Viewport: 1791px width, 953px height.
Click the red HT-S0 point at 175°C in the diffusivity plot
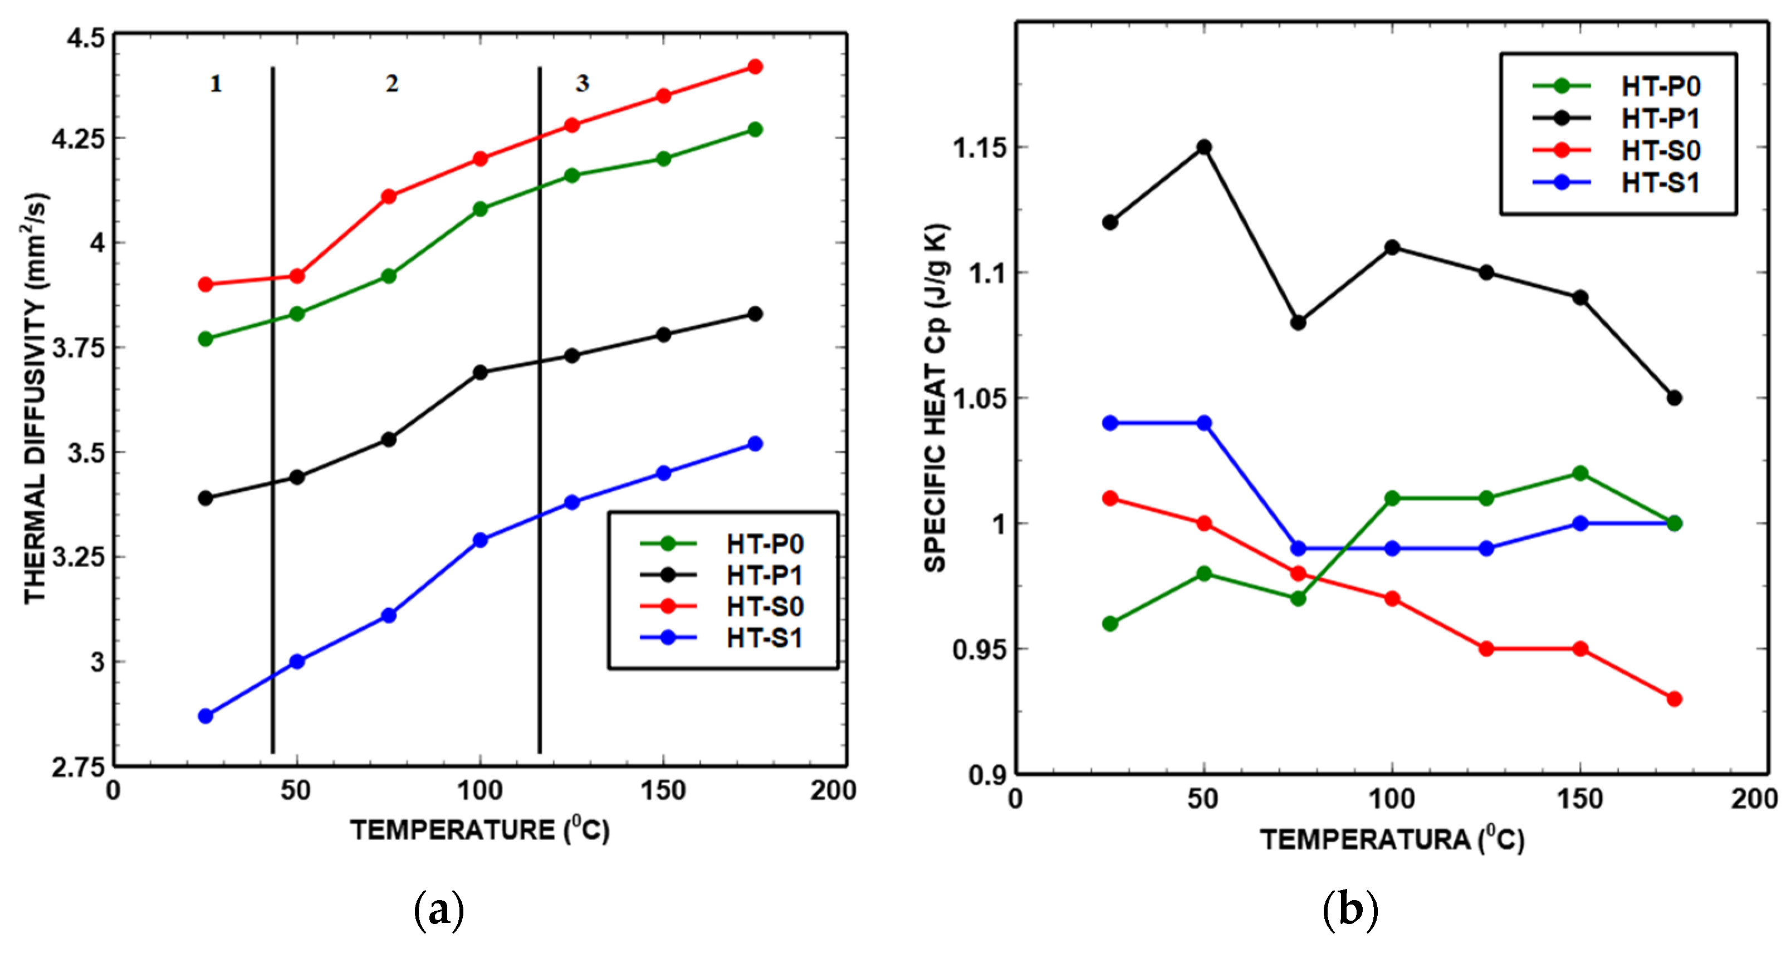click(x=755, y=67)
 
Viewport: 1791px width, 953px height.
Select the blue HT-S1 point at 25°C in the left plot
click(x=205, y=716)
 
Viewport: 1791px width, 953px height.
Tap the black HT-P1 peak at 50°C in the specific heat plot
click(x=1204, y=148)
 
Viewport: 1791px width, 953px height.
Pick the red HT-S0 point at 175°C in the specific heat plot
click(x=1674, y=698)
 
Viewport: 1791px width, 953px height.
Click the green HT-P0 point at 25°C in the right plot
click(x=1110, y=623)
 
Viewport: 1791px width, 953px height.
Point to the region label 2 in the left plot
click(x=392, y=84)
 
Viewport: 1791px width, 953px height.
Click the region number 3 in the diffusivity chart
click(x=582, y=84)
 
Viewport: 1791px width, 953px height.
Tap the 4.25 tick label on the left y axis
click(x=77, y=138)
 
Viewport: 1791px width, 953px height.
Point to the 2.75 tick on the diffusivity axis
click(x=77, y=768)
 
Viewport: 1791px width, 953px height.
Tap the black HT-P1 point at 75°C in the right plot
click(x=1298, y=322)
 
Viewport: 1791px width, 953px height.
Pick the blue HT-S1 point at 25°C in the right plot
click(x=1110, y=423)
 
